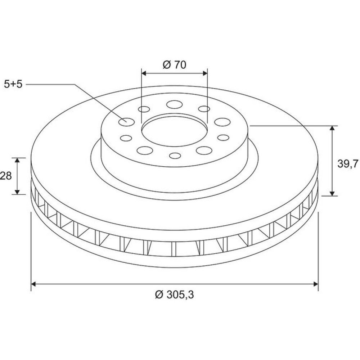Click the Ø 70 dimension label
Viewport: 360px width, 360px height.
click(175, 65)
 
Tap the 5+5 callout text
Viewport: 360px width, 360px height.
click(13, 84)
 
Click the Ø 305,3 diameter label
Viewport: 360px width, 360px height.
click(175, 294)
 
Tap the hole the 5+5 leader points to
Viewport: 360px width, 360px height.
click(126, 122)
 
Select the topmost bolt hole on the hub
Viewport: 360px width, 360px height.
click(175, 104)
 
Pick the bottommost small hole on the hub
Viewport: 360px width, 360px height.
click(175, 156)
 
